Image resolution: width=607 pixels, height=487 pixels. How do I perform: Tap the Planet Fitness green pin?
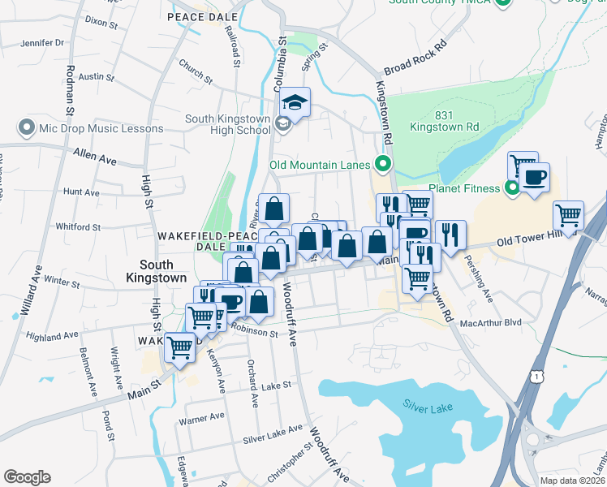(512, 189)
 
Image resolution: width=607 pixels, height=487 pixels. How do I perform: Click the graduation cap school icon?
(295, 102)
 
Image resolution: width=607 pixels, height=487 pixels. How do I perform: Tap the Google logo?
(27, 477)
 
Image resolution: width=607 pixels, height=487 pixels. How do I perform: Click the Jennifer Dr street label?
(42, 42)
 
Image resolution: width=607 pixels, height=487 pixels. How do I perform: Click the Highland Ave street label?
(50, 335)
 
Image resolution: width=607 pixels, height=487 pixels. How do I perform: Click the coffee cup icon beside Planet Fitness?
(533, 178)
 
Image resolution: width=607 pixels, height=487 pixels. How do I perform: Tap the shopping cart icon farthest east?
(568, 216)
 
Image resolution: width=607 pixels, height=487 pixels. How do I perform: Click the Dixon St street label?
(101, 20)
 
